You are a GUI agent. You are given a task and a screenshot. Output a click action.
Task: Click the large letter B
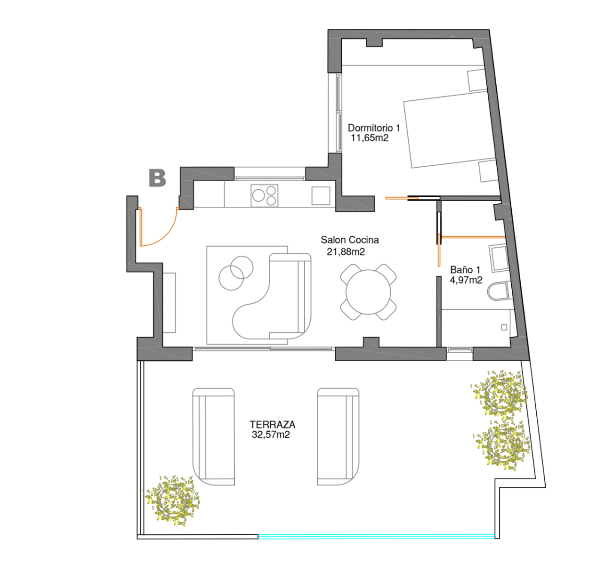157,178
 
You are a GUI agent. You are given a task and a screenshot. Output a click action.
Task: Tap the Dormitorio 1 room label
374,128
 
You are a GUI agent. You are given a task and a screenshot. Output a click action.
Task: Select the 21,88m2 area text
346,252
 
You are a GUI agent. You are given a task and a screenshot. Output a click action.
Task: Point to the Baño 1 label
465,269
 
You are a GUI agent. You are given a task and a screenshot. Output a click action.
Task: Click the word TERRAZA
273,424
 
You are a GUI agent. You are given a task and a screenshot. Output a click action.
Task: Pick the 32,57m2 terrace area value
271,435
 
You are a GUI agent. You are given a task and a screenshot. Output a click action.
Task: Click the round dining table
368,292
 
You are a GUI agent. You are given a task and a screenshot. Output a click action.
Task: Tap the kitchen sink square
321,196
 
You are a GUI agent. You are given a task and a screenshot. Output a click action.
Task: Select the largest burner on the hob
258,195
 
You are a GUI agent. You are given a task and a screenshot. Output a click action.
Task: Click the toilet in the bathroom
498,291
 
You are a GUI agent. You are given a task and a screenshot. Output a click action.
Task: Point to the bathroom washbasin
498,258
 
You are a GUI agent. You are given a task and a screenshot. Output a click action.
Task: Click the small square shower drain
504,327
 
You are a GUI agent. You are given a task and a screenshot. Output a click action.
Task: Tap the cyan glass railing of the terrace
377,536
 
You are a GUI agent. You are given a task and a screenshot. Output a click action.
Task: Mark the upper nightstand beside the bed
477,80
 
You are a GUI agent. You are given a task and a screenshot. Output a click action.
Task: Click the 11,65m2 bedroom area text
370,138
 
